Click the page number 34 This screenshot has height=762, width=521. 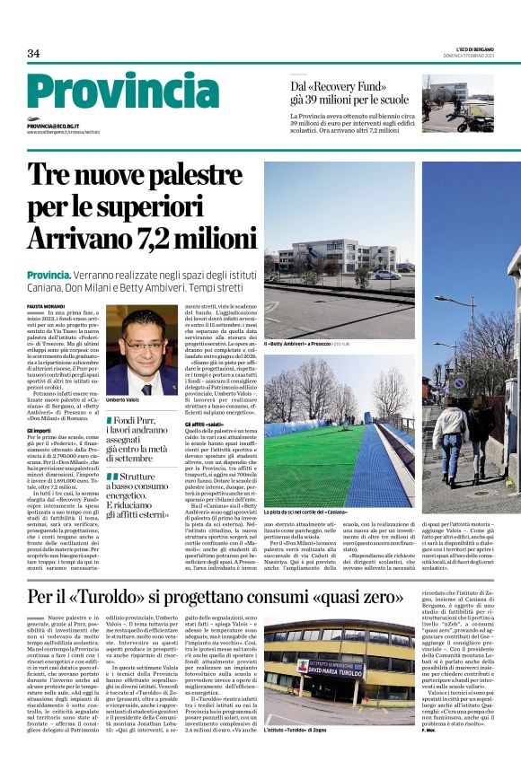[33, 54]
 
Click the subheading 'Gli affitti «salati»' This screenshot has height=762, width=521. [204, 423]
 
